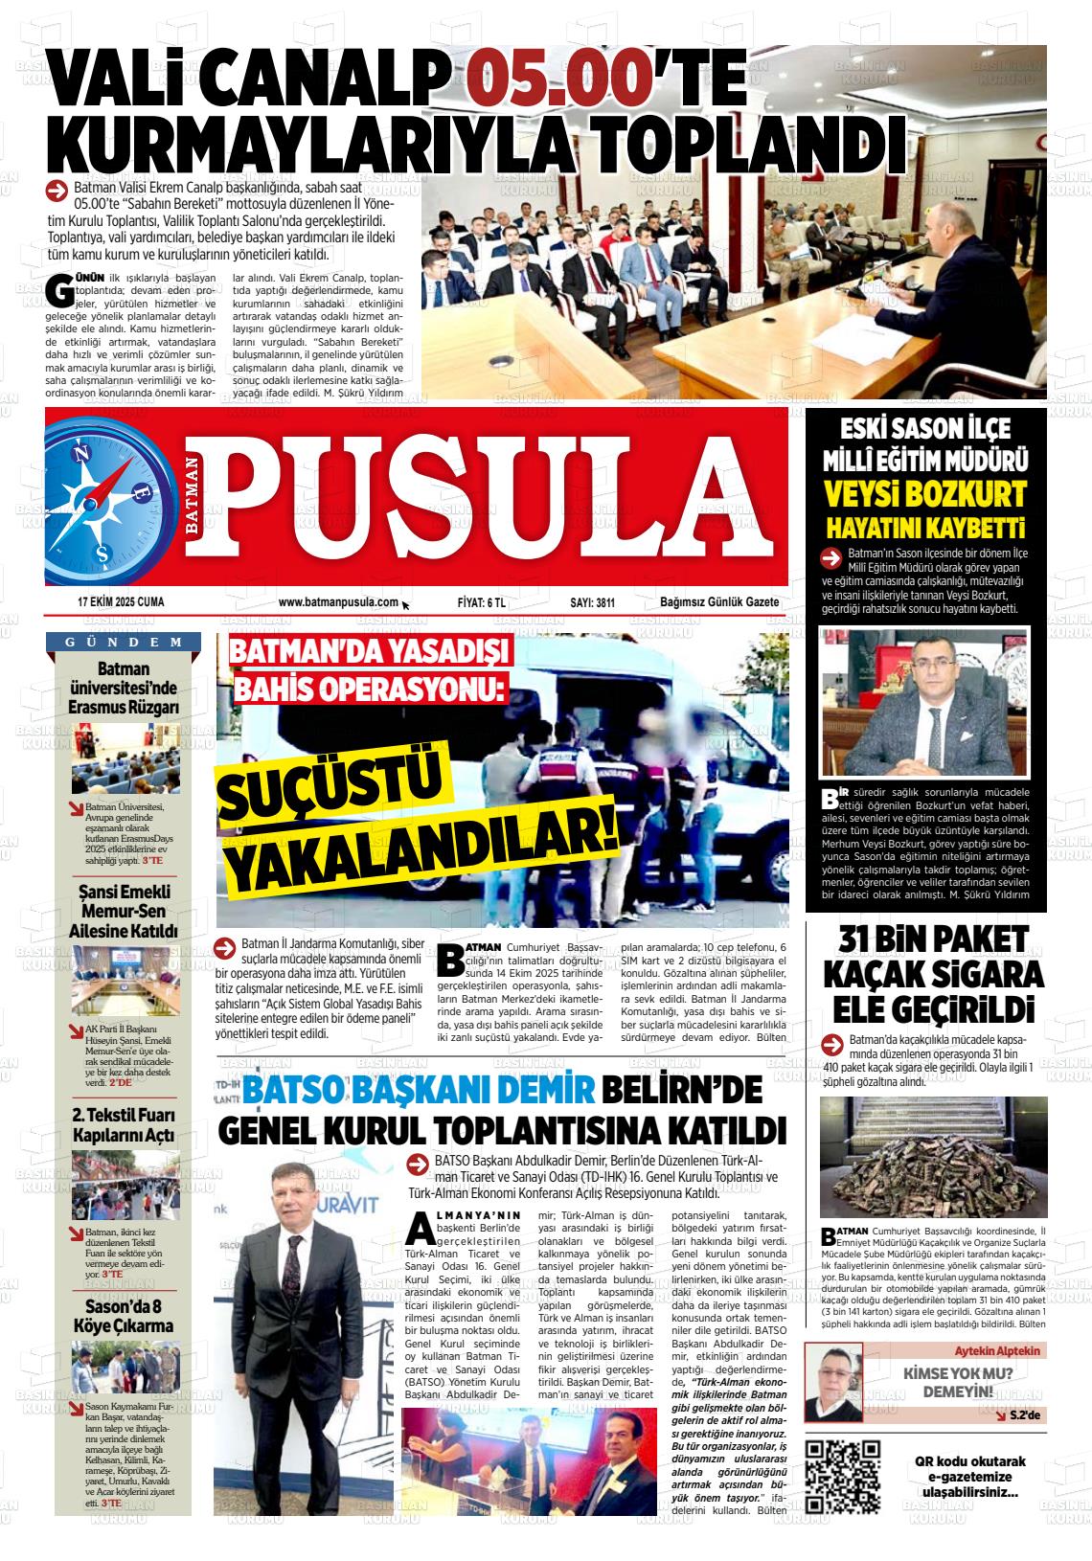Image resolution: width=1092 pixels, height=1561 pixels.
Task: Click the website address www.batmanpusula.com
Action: point(338,602)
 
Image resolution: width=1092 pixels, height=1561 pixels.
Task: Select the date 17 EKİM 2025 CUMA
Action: point(121,602)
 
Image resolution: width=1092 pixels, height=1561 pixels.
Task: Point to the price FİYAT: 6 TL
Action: point(482,602)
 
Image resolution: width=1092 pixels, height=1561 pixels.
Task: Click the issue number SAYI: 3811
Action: point(592,602)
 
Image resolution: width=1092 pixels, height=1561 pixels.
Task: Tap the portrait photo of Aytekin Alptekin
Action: point(833,1382)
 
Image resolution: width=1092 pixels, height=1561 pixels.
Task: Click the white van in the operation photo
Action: point(536,709)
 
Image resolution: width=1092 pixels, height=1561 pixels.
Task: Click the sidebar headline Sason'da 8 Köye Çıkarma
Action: point(125,1316)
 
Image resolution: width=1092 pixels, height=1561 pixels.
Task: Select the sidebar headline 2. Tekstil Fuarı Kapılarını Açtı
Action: point(125,1125)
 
